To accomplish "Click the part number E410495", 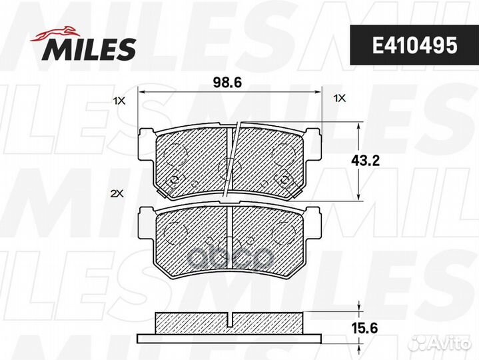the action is [x=414, y=45].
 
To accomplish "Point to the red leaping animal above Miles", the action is [x=53, y=33].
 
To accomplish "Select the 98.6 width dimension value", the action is [x=227, y=83].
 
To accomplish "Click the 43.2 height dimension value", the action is [x=365, y=161].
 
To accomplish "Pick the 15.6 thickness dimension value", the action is [x=364, y=329].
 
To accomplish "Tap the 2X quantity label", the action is [x=117, y=193].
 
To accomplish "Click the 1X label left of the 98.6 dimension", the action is [x=119, y=101].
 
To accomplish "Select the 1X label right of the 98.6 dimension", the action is [x=339, y=98].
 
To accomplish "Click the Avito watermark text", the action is [x=450, y=343].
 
